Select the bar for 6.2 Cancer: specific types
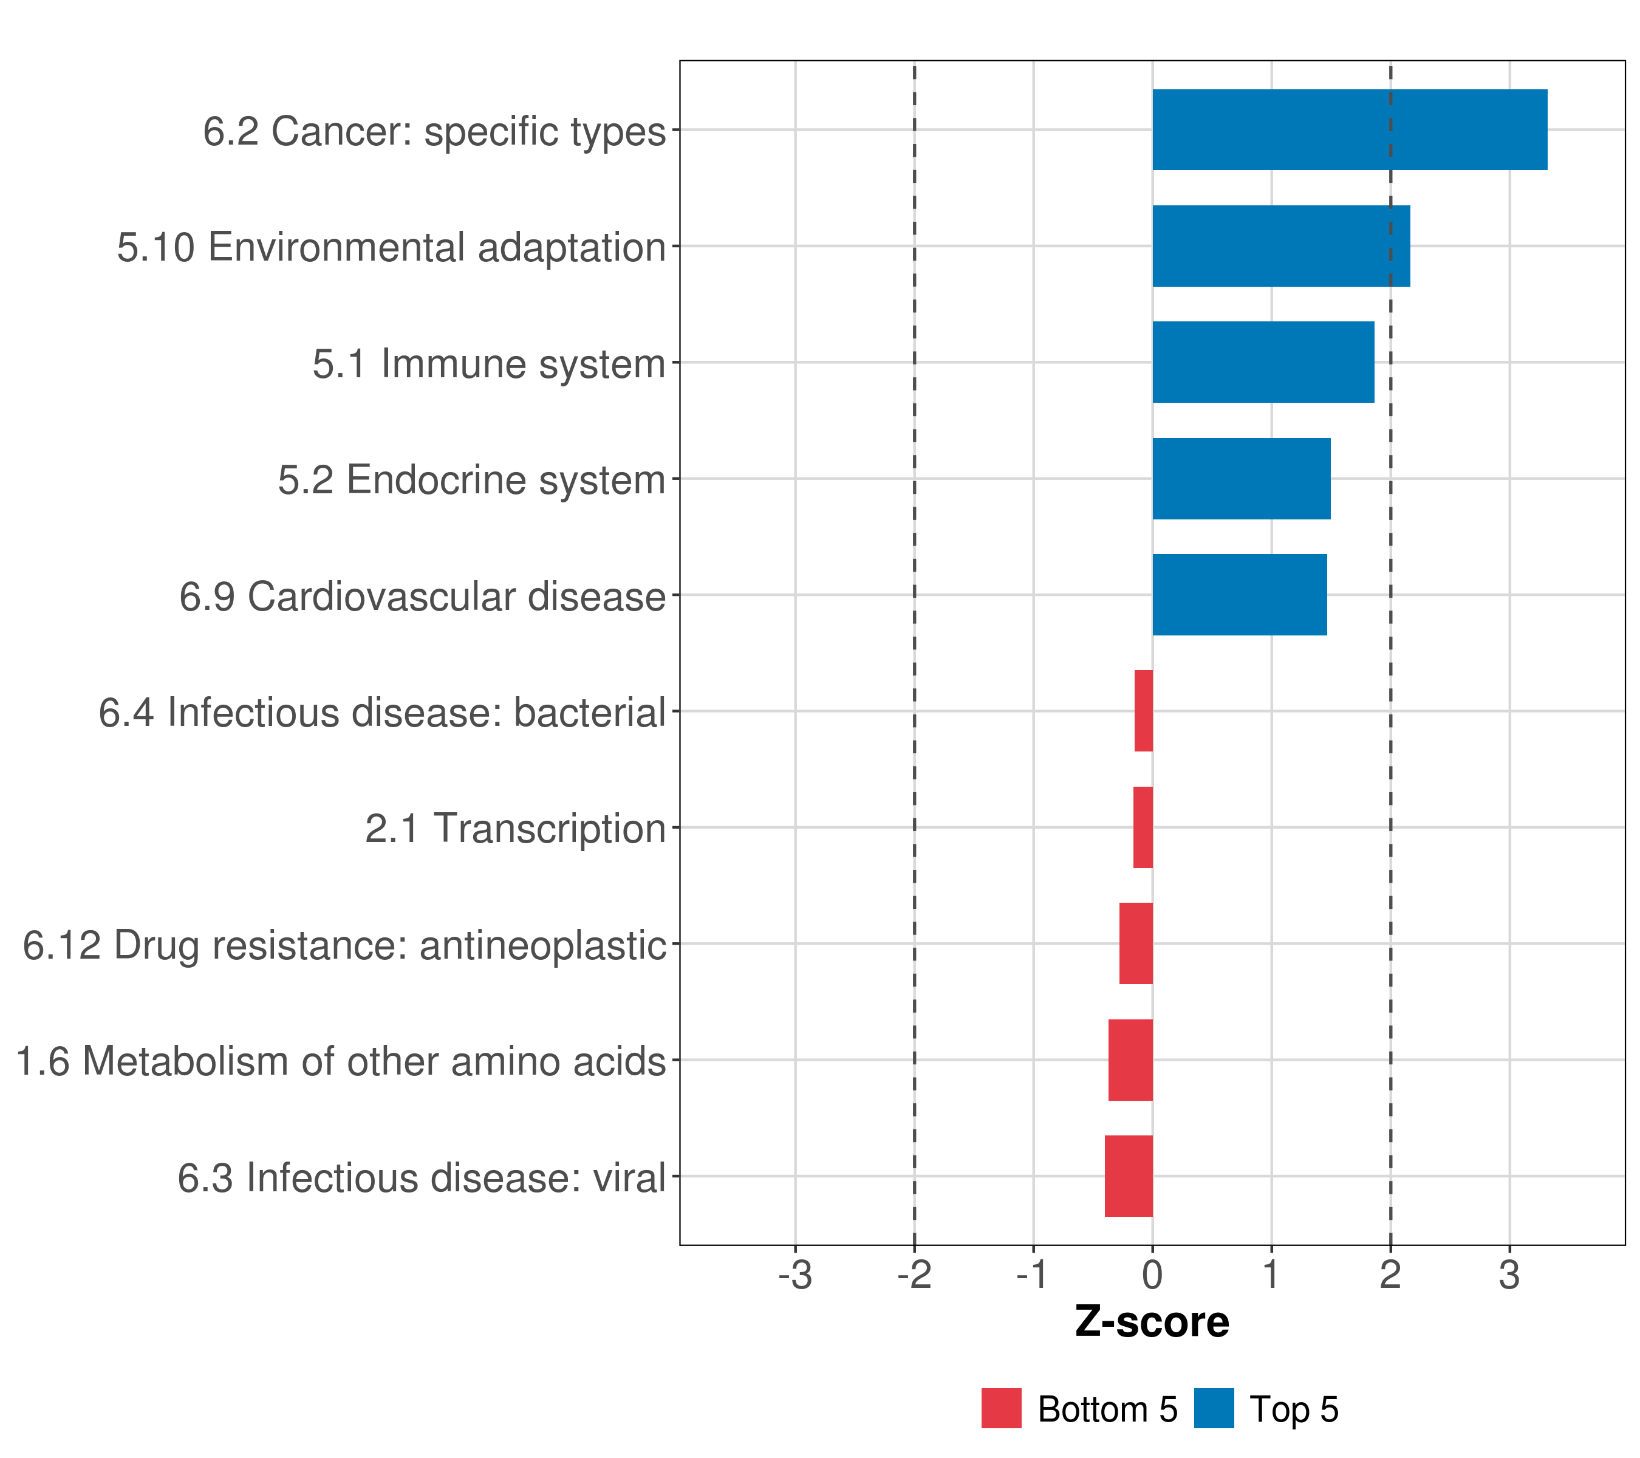pos(1350,130)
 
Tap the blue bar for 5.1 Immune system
pos(1263,362)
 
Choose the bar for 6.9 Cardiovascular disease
pos(1239,595)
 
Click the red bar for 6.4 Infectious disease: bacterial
pos(1143,711)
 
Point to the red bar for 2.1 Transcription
pos(1143,827)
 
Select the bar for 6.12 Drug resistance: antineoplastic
pos(1136,943)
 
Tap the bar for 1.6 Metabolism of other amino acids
pos(1130,1060)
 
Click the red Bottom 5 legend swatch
pos(1002,1408)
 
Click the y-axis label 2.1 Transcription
pos(515,828)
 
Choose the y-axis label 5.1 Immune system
pos(488,363)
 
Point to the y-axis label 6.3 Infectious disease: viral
pos(421,1178)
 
